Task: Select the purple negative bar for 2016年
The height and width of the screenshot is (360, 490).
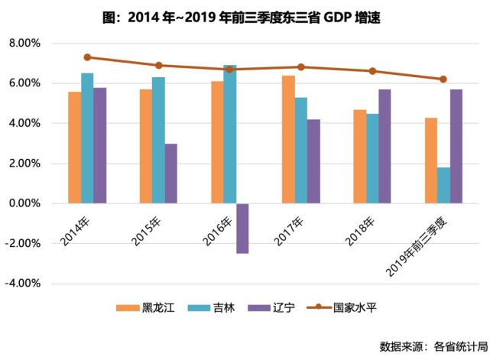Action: (242, 228)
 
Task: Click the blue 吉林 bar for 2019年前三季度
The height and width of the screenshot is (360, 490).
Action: (443, 185)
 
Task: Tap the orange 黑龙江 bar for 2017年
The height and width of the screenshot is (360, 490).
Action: (288, 139)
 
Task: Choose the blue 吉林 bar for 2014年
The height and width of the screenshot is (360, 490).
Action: (87, 138)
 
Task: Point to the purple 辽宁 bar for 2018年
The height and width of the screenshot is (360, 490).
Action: (385, 146)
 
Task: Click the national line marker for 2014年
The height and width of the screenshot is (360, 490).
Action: (87, 57)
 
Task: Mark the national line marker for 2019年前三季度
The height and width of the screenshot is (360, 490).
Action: (443, 79)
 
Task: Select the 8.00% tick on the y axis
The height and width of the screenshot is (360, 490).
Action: (24, 44)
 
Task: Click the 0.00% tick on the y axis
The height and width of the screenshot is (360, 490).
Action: (24, 203)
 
